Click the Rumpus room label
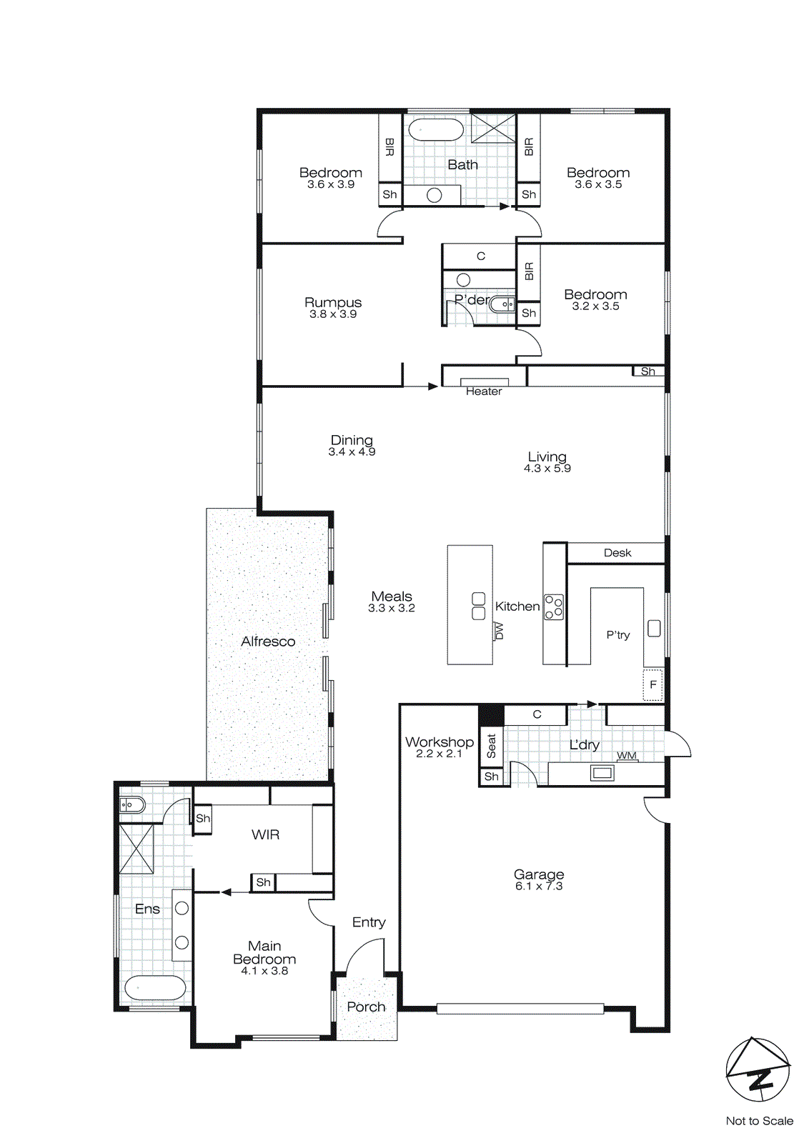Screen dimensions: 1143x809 333,303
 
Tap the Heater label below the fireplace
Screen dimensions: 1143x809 484,391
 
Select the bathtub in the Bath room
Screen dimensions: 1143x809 436,131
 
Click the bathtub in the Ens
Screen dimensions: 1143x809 155,988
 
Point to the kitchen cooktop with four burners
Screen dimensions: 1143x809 554,607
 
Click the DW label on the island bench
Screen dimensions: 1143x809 500,631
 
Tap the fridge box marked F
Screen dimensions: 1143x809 652,684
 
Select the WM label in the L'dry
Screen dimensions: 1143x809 627,755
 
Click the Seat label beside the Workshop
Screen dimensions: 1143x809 491,746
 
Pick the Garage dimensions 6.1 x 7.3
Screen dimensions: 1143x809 539,887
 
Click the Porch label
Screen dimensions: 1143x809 366,1007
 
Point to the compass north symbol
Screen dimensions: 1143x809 758,1069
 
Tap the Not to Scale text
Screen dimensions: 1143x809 759,1121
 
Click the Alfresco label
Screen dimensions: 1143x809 268,642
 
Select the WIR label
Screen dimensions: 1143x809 265,834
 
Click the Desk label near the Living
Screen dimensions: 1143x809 617,553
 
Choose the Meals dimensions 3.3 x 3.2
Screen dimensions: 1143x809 392,609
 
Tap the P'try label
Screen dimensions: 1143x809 618,634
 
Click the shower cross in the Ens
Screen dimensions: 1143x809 137,849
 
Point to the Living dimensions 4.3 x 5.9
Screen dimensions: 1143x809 547,469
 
